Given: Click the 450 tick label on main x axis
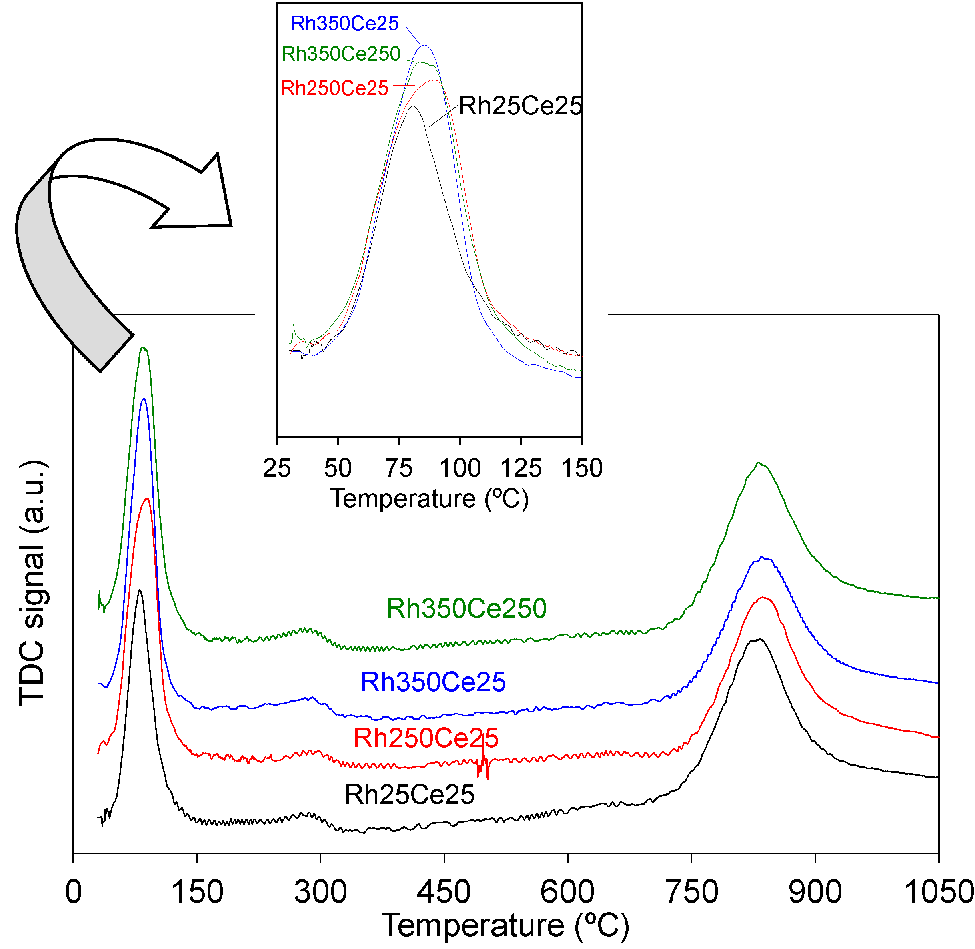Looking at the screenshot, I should tap(443, 892).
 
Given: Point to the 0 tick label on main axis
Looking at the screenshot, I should tap(73, 892).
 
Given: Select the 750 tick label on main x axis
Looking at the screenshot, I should tap(691, 892).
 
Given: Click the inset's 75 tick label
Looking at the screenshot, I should tap(398, 468).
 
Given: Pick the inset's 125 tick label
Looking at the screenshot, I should tap(521, 468).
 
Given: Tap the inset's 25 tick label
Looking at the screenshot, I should tap(277, 468).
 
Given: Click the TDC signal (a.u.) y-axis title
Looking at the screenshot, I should tap(33, 583).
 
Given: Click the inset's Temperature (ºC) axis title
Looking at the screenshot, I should tap(429, 498).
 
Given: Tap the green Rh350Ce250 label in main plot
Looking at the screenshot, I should tap(466, 608).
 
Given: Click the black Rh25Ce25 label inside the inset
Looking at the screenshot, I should tap(520, 106).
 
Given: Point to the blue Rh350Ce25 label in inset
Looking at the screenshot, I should tap(345, 24).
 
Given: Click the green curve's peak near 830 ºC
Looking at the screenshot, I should tap(758, 463).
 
